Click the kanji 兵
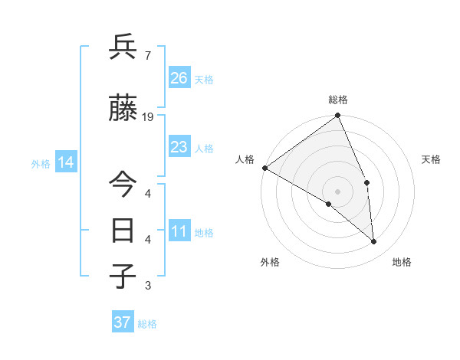123,47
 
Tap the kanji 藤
123,108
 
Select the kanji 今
123,183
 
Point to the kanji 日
123,230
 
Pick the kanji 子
123,277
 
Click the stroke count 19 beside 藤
148,117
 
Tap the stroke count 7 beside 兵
147,56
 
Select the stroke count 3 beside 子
147,286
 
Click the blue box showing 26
179,77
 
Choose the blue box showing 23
179,146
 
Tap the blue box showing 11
179,231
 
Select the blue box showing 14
66,162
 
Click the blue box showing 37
123,322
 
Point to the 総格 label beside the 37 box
147,324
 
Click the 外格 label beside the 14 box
41,164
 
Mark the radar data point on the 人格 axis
264,168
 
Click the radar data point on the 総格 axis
337,116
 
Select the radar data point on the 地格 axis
374,241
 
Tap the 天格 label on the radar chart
432,159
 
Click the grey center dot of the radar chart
337,191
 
